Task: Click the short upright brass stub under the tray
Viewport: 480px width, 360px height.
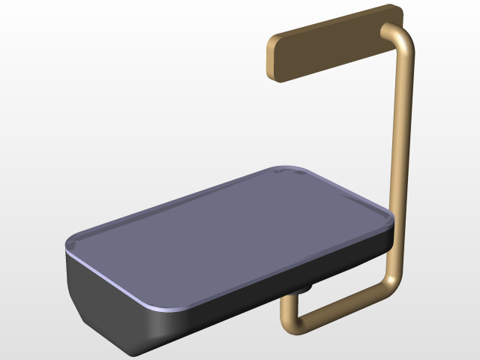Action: coord(286,307)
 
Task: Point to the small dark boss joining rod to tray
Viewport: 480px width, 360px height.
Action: coord(306,288)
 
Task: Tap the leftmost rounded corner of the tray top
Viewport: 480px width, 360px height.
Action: coord(73,244)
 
